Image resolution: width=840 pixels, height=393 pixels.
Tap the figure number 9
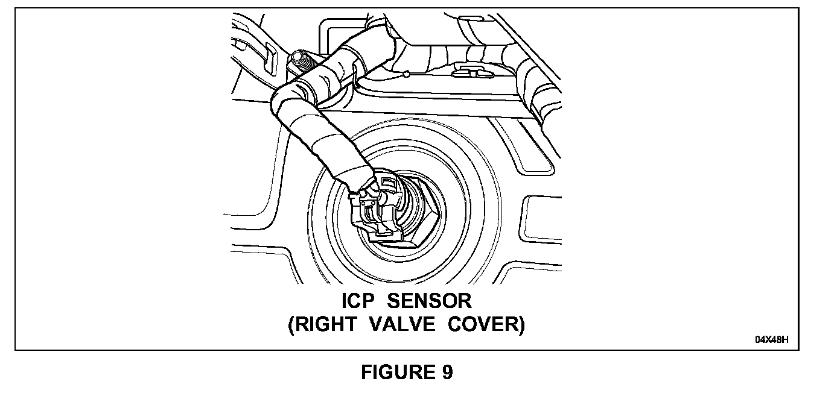point(446,373)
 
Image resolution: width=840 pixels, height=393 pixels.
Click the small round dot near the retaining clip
point(409,74)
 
